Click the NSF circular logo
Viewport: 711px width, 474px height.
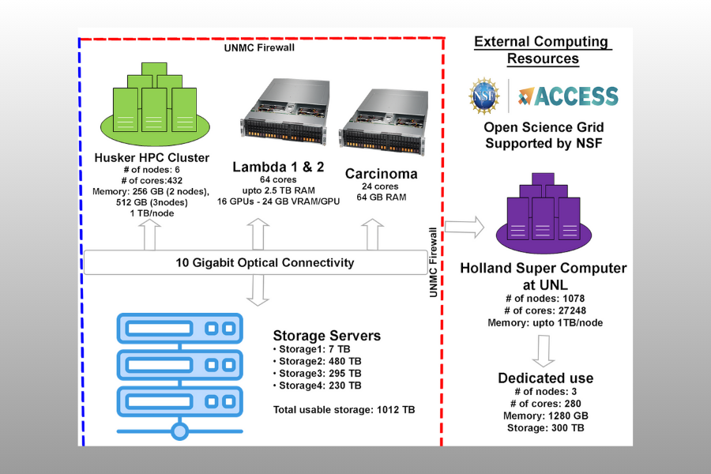(484, 96)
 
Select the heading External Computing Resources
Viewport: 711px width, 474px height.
(542, 51)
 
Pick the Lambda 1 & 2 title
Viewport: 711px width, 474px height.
(267, 167)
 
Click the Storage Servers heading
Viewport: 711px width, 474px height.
(327, 336)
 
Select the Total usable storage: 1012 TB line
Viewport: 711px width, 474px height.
(343, 409)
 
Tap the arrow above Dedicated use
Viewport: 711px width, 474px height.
(544, 350)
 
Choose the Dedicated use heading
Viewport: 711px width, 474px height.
(545, 378)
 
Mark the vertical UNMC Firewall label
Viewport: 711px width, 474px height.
(433, 263)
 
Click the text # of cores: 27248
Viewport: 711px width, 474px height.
(544, 310)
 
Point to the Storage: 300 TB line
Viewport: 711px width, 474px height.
(545, 427)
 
